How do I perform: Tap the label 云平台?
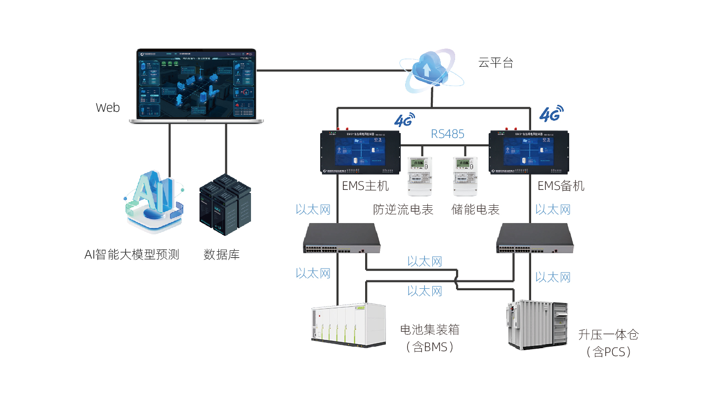pyautogui.click(x=496, y=63)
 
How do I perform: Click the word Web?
pyautogui.click(x=108, y=108)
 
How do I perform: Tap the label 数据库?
pyautogui.click(x=221, y=255)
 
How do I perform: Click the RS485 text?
pyautogui.click(x=448, y=134)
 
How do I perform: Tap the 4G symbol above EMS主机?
pyautogui.click(x=404, y=120)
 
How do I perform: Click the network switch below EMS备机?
pyautogui.click(x=535, y=238)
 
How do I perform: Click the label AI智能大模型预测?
pyautogui.click(x=131, y=255)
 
